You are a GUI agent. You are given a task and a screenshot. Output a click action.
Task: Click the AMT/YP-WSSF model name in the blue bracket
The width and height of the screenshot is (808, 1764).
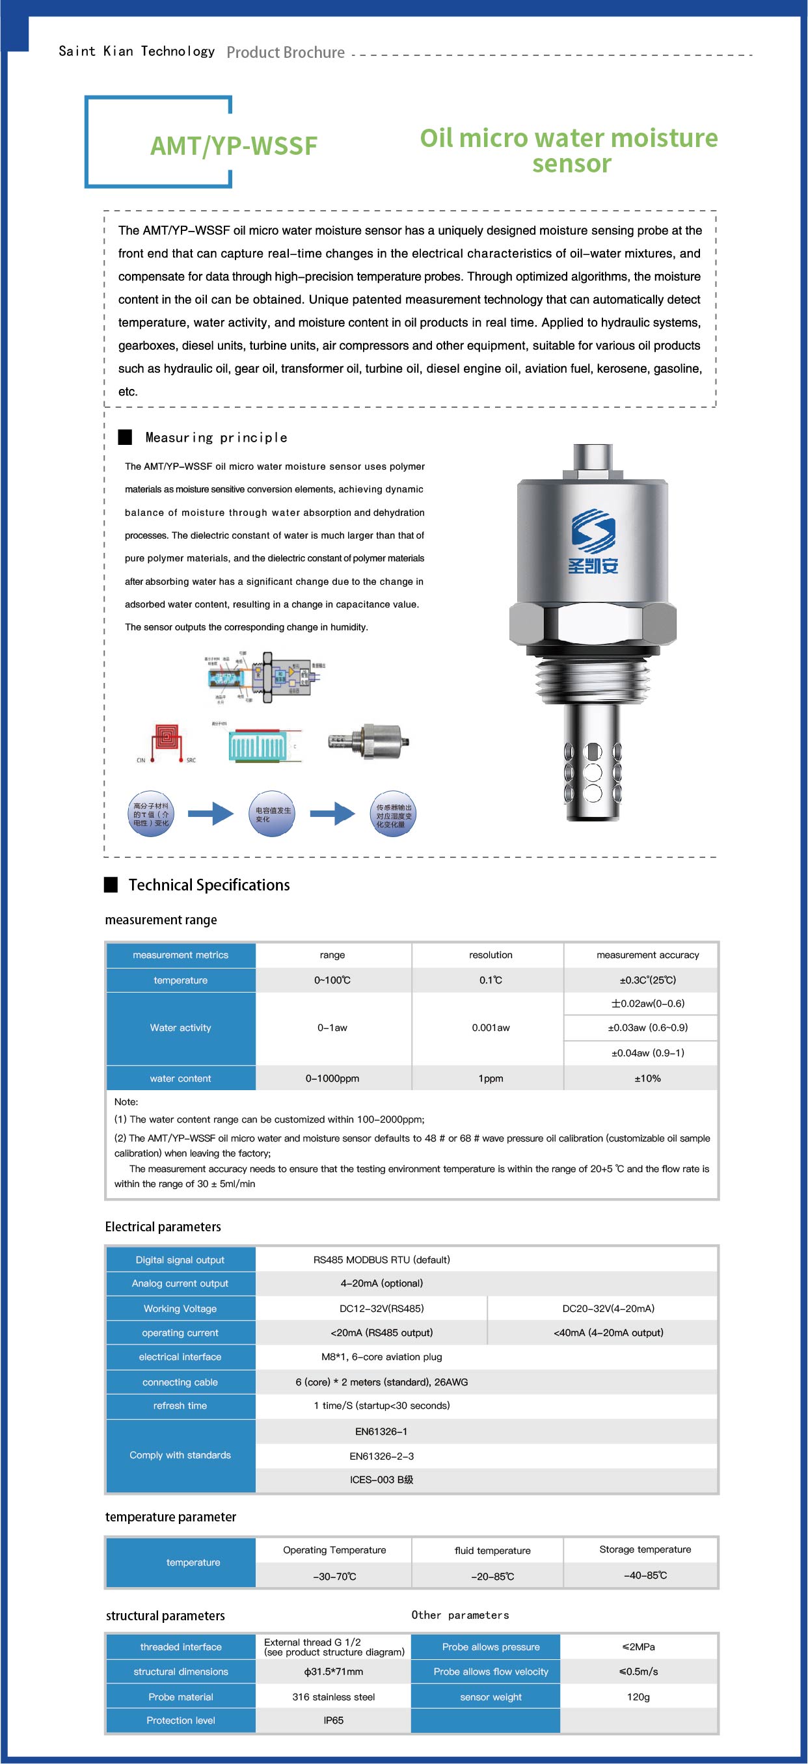click(234, 146)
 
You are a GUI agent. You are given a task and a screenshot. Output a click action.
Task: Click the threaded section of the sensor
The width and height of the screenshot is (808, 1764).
click(592, 682)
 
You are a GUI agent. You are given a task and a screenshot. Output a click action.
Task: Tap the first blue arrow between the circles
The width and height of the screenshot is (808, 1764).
click(211, 814)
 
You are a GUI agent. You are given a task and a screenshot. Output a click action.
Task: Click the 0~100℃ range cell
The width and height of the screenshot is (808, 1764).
click(332, 980)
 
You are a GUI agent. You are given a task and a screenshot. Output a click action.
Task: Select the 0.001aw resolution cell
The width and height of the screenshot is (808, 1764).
click(491, 1028)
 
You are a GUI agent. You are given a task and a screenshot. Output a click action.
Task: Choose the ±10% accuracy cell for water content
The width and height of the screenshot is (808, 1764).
click(647, 1078)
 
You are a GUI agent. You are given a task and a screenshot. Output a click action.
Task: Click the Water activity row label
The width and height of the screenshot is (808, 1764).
click(181, 1028)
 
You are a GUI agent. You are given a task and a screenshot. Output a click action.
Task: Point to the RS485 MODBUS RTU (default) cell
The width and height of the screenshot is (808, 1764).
click(381, 1260)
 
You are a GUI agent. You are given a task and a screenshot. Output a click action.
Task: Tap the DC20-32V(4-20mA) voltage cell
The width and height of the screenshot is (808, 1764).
click(608, 1309)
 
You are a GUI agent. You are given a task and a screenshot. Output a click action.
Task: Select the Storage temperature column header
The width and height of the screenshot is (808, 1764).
click(645, 1549)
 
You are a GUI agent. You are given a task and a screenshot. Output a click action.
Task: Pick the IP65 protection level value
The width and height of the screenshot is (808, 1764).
click(334, 1720)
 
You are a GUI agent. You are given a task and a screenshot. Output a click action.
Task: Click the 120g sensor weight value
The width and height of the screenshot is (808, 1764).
click(638, 1697)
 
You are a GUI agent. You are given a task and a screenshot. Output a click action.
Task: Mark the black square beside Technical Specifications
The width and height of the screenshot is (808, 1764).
click(111, 885)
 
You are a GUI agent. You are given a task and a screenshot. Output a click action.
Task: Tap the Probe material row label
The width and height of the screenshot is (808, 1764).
click(181, 1697)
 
